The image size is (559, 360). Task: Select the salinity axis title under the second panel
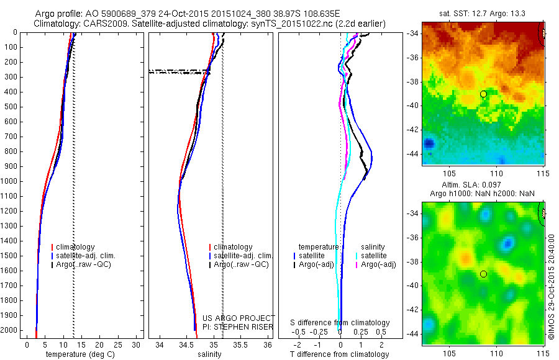click(x=210, y=354)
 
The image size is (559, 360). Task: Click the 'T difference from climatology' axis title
click(x=339, y=354)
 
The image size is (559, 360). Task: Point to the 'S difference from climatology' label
click(x=340, y=323)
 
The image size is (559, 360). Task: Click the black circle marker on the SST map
click(x=483, y=94)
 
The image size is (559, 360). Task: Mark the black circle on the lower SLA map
click(x=483, y=274)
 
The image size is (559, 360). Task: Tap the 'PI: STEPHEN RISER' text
click(x=239, y=326)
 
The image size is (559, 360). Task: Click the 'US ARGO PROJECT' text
click(x=239, y=318)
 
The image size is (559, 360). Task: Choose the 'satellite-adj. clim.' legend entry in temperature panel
click(x=86, y=256)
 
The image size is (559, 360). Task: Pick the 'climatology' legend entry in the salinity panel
click(x=232, y=247)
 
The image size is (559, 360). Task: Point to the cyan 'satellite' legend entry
click(x=373, y=256)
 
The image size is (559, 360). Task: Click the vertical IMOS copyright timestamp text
click(x=552, y=286)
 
